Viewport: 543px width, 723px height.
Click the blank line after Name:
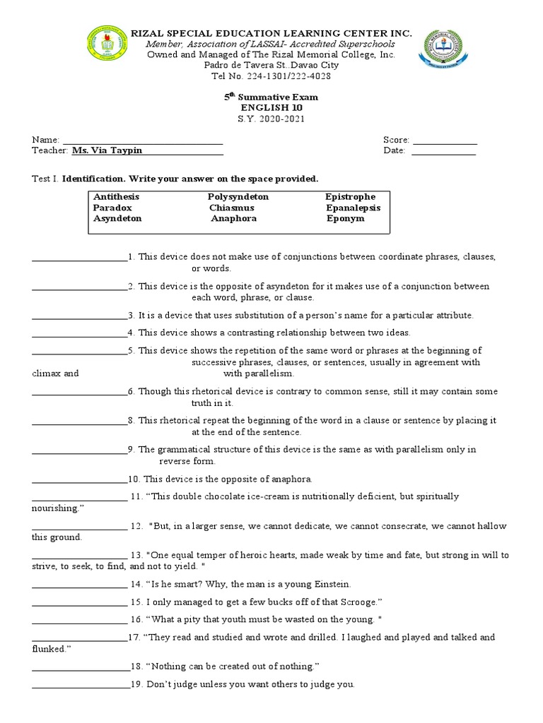pyautogui.click(x=143, y=140)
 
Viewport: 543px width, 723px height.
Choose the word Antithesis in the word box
pyautogui.click(x=117, y=196)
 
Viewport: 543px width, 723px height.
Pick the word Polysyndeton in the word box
pyautogui.click(x=238, y=196)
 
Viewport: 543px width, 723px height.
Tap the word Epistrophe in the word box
pyautogui.click(x=351, y=196)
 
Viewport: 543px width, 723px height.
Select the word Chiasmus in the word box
pyautogui.click(x=231, y=208)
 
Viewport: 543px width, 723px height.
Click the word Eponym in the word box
pyautogui.click(x=346, y=219)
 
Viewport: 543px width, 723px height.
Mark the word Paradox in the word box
pyautogui.click(x=112, y=208)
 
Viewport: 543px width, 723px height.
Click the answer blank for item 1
pyautogui.click(x=79, y=258)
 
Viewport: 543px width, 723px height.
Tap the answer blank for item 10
pyautogui.click(x=79, y=479)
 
